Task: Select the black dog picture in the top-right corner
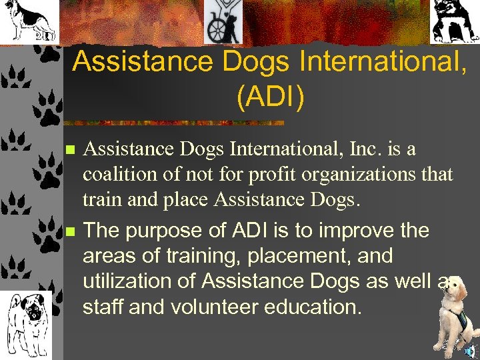point(455,21)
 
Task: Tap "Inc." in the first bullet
point(351,149)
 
